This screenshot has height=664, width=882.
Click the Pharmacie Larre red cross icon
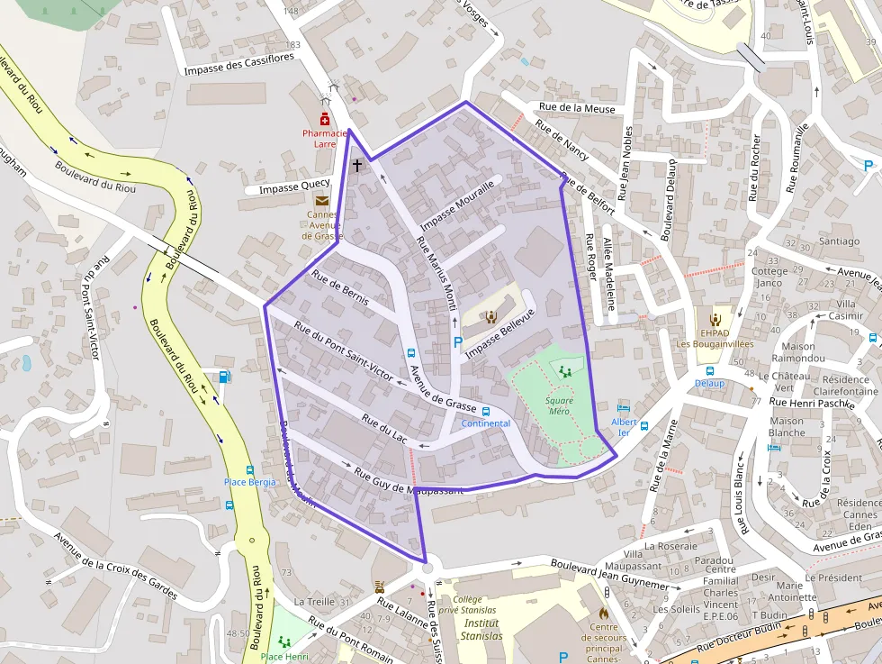(325, 119)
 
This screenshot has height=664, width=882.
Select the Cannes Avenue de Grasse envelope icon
(321, 201)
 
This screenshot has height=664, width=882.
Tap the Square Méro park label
(559, 405)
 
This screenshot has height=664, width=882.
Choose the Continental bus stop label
(485, 423)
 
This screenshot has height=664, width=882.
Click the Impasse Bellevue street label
(500, 332)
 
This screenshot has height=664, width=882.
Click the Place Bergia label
(249, 482)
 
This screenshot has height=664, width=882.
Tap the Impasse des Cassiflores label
(238, 65)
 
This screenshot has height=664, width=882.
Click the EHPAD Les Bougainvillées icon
(715, 318)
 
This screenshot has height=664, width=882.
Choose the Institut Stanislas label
(482, 629)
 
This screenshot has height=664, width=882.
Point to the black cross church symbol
(357, 165)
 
